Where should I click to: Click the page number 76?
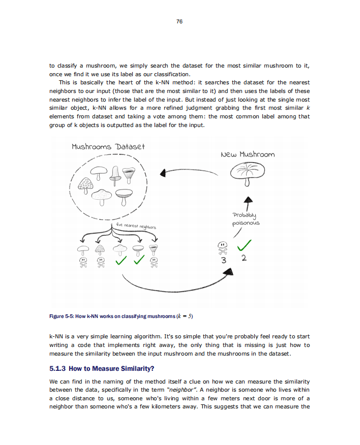[179, 21]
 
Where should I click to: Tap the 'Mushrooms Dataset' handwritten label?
[108, 147]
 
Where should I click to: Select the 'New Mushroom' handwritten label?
[248, 154]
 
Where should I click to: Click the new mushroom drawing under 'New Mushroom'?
[247, 174]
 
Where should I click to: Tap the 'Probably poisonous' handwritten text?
[246, 219]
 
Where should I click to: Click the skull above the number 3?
[222, 247]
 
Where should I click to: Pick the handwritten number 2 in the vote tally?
[244, 259]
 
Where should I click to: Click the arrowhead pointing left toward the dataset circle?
[164, 173]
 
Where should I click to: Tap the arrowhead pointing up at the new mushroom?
[248, 200]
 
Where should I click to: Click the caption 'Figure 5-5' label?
[62, 316]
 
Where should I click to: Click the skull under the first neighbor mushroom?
[81, 262]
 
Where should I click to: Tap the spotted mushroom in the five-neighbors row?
[100, 249]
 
